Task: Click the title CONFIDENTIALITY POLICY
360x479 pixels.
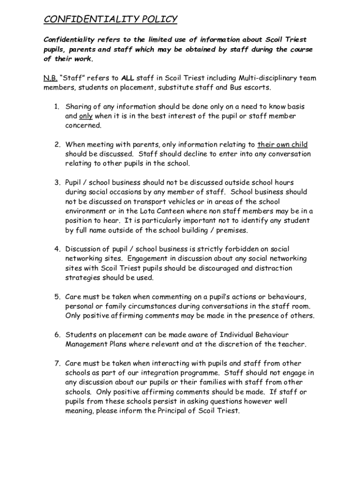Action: click(x=111, y=19)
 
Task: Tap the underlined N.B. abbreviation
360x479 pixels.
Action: click(x=50, y=78)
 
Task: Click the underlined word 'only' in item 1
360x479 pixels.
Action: click(x=86, y=116)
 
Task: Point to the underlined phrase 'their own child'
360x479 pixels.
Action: click(x=282, y=145)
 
